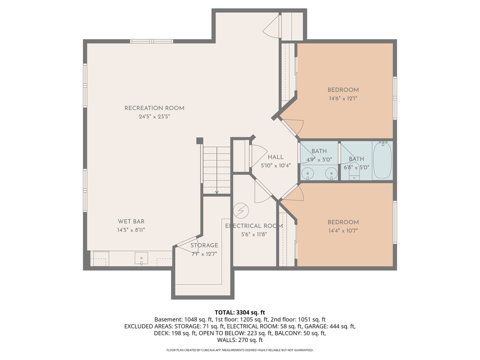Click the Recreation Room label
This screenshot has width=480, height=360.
[x=154, y=108]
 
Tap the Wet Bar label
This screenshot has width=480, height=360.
[x=131, y=221]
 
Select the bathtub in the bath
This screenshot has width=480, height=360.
[x=382, y=161]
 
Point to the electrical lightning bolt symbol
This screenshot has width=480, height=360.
[x=241, y=211]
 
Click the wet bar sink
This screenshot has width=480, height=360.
[x=141, y=258]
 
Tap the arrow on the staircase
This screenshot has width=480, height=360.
[x=217, y=170]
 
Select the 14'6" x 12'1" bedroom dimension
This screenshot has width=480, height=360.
[x=343, y=99]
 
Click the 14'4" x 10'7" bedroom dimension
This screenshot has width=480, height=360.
[x=343, y=231]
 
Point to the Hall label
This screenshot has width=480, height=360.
[x=276, y=157]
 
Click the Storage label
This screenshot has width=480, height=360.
[x=204, y=245]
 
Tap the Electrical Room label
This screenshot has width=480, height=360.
[x=254, y=226]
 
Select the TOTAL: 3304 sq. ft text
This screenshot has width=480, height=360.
[x=240, y=312]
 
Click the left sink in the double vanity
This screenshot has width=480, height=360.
[x=308, y=174]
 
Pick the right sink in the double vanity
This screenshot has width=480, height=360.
[x=331, y=174]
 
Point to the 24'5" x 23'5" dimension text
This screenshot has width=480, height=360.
[x=154, y=117]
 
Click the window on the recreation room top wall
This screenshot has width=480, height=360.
[x=152, y=41]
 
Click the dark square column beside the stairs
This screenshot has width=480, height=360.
[x=200, y=141]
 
